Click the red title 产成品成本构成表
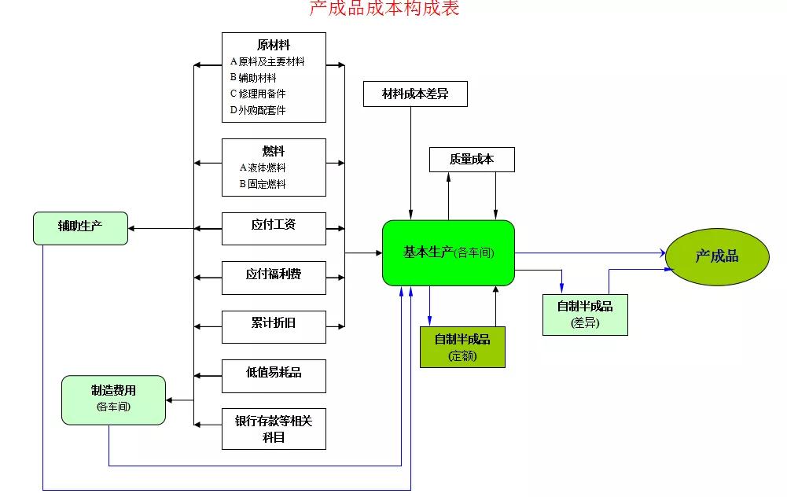[384, 9]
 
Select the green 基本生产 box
[448, 252]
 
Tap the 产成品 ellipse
[716, 256]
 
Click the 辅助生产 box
[80, 227]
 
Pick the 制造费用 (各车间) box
[113, 399]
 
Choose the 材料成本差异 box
[415, 94]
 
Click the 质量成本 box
[472, 159]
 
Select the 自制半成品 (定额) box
[462, 347]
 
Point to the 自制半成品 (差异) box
[585, 314]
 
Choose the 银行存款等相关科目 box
[274, 429]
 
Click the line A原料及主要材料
[267, 61]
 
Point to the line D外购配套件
[258, 110]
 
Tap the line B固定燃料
[263, 184]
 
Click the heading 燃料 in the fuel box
[274, 151]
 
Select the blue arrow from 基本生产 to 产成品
[590, 253]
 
